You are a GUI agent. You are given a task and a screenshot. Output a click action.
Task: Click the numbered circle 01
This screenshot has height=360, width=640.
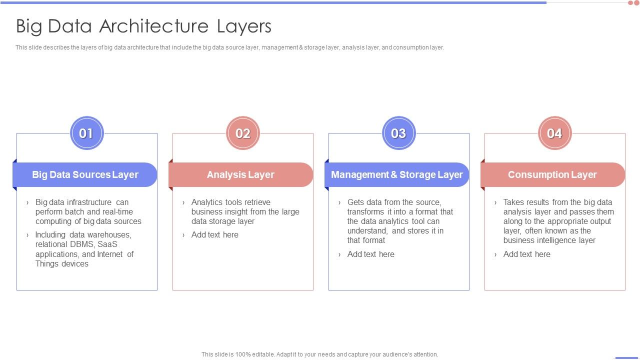87,133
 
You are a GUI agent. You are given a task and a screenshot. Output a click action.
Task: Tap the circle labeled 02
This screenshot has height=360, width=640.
243,133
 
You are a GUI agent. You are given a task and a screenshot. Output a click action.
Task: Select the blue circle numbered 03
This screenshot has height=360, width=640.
399,133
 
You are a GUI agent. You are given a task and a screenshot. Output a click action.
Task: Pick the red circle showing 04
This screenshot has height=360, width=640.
555,133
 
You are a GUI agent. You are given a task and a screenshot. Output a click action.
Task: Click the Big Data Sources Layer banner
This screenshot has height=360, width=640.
85,174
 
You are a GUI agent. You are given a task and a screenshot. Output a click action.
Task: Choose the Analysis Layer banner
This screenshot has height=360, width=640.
241,174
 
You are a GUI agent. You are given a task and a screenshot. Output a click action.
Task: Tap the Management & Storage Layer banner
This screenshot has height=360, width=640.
397,174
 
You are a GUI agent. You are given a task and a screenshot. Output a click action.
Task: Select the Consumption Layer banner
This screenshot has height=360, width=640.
553,174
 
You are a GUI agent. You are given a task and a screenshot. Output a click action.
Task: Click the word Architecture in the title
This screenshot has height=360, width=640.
154,26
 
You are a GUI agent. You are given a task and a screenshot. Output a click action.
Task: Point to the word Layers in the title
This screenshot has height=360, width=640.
244,26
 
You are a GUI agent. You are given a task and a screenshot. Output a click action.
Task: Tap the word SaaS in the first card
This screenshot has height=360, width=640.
107,244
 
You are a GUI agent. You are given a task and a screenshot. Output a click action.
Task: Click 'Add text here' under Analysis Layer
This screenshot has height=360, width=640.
215,234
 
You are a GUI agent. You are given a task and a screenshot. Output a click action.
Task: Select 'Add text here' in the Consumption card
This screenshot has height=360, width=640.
527,254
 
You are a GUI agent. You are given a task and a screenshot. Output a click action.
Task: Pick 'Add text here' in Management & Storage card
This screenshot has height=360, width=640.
371,254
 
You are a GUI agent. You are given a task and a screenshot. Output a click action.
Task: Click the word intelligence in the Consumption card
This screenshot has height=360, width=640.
556,240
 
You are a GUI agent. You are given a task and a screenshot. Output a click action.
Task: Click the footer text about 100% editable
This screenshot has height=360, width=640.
319,354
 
